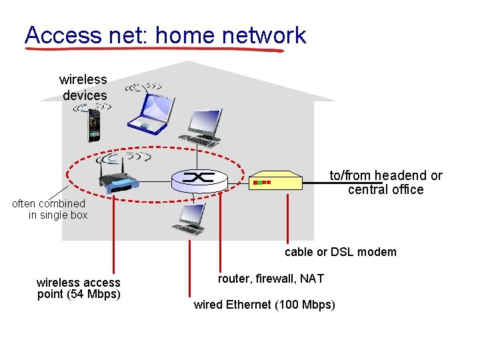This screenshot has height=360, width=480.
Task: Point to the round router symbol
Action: coord(198,178)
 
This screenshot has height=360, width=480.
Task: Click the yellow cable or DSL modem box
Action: coord(275,181)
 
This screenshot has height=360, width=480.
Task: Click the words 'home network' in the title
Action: coord(231,35)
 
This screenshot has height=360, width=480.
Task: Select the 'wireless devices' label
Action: coord(83,87)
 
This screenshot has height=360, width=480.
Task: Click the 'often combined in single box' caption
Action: coord(51,209)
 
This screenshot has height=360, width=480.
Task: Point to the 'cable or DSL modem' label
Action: coord(340,252)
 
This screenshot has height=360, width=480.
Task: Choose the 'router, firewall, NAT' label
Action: coord(271,279)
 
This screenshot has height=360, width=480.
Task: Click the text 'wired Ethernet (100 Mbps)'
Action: coord(264,305)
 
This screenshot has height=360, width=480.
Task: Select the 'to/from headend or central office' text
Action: coord(386,182)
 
